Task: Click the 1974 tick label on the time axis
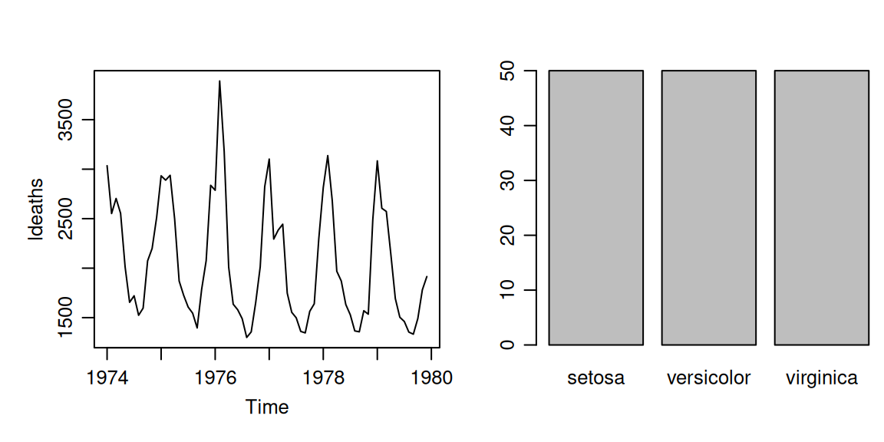coord(107,378)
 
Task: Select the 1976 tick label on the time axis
coord(216,378)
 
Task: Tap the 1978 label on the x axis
coord(323,378)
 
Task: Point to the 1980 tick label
coord(431,378)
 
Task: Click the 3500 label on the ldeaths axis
coord(69,120)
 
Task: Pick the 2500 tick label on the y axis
coord(69,219)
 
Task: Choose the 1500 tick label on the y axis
coord(69,318)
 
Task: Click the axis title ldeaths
coord(35,209)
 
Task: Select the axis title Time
coord(267,407)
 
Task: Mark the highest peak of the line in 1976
coord(219,81)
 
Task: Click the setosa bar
coord(596,207)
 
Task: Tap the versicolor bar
coord(709,207)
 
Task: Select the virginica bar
coord(821,207)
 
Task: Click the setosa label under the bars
coord(596,378)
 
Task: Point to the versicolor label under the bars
coord(709,378)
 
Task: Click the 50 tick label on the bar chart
coord(506,71)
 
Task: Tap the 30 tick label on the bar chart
coord(506,180)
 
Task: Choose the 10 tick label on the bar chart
coord(506,290)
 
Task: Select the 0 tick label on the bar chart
coord(506,345)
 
